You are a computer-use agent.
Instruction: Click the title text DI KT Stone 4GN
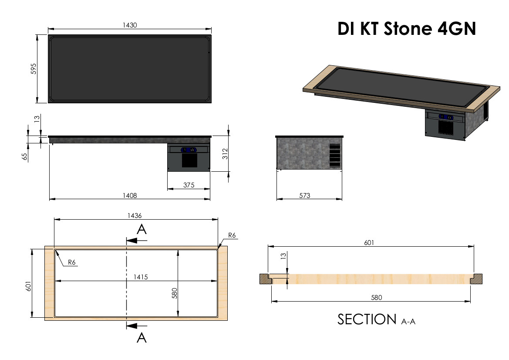pyautogui.click(x=407, y=29)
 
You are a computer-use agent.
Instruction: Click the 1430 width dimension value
pyautogui.click(x=130, y=25)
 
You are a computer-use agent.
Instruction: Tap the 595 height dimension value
pyautogui.click(x=34, y=69)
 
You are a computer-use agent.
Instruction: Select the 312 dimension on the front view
pyautogui.click(x=225, y=153)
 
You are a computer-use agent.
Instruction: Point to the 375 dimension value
pyautogui.click(x=189, y=185)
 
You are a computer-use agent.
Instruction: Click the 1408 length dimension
pyautogui.click(x=130, y=196)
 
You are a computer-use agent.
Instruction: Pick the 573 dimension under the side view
pyautogui.click(x=305, y=196)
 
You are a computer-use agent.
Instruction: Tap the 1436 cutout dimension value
pyautogui.click(x=135, y=215)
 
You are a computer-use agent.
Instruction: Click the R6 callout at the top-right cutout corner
pyautogui.click(x=232, y=235)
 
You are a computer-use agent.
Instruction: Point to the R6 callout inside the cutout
pyautogui.click(x=72, y=263)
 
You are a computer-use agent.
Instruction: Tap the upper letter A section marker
pyautogui.click(x=141, y=229)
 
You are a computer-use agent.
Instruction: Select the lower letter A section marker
pyautogui.click(x=141, y=337)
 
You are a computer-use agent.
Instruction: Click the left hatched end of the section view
pyautogui.click(x=265, y=278)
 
